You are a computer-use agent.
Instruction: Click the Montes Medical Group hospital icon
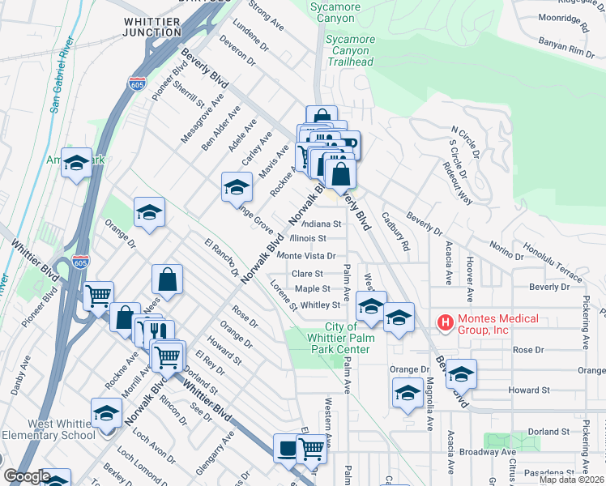(x=446, y=323)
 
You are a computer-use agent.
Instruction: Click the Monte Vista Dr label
(x=306, y=256)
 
